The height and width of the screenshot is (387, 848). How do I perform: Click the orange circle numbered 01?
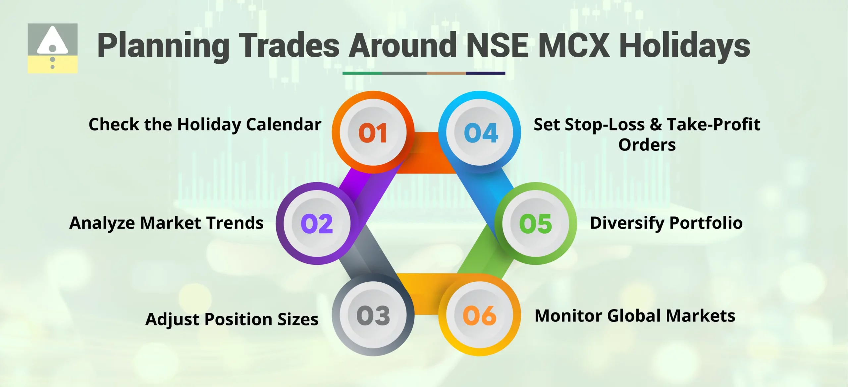[373, 132]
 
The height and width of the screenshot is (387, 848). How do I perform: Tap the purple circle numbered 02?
[317, 223]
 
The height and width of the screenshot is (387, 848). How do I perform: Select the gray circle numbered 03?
[373, 315]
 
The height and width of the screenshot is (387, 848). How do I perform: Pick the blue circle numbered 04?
[480, 132]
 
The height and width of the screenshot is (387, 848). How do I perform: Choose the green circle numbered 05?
[536, 223]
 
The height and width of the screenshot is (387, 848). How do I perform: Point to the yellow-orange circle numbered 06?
[480, 315]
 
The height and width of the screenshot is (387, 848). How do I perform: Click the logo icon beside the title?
[53, 48]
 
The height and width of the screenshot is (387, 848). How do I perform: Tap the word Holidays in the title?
[684, 46]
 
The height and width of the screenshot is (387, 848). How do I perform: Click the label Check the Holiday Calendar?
[205, 125]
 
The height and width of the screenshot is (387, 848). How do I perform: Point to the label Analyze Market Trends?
[166, 223]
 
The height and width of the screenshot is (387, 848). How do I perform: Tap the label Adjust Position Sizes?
[232, 319]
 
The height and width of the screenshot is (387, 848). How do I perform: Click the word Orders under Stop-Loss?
[647, 145]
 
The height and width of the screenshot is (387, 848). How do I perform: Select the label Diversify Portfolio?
[666, 223]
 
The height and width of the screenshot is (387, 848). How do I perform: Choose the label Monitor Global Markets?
[635, 316]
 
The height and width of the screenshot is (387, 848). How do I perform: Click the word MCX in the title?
[574, 45]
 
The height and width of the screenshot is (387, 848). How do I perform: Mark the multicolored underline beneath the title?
[424, 73]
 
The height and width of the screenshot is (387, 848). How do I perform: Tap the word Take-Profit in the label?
[714, 125]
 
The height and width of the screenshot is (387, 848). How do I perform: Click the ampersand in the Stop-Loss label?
[656, 125]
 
